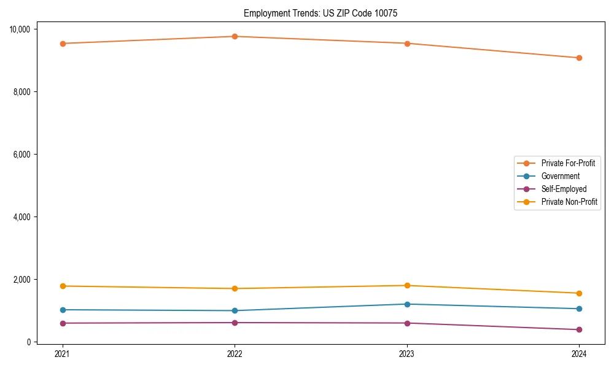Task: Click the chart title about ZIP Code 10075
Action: click(321, 13)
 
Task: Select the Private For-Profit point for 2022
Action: click(235, 36)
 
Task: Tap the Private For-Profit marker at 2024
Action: click(579, 58)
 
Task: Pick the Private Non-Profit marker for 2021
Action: click(62, 286)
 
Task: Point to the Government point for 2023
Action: click(406, 304)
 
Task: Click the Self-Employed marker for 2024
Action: click(579, 329)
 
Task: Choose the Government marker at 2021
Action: click(62, 310)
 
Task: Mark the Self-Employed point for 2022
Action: click(235, 323)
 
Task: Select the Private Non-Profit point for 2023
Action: click(406, 285)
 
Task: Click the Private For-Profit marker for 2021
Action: click(62, 44)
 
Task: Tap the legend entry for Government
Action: click(560, 176)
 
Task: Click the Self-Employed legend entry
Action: click(564, 189)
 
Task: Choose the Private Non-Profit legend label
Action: click(569, 202)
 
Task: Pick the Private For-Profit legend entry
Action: click(568, 163)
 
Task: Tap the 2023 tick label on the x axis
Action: click(406, 353)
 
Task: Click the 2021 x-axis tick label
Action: click(62, 353)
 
